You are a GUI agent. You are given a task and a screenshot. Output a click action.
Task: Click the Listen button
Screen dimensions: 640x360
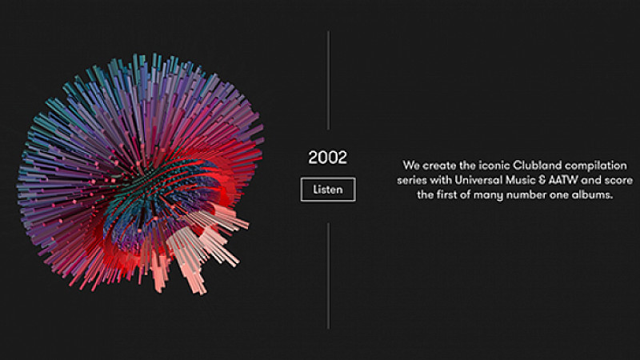point(328,190)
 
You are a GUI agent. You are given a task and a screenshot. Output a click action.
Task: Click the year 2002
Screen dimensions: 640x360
point(327,158)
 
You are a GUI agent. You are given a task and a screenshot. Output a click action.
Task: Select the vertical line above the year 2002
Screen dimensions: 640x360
point(328,80)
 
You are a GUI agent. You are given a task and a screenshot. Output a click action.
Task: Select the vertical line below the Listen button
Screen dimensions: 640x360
point(328,275)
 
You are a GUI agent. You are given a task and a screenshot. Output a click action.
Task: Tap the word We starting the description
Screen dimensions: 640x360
point(411,166)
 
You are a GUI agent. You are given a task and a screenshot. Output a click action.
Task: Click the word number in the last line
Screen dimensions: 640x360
point(526,194)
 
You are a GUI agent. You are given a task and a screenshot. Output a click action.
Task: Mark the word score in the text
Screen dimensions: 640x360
point(618,181)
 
